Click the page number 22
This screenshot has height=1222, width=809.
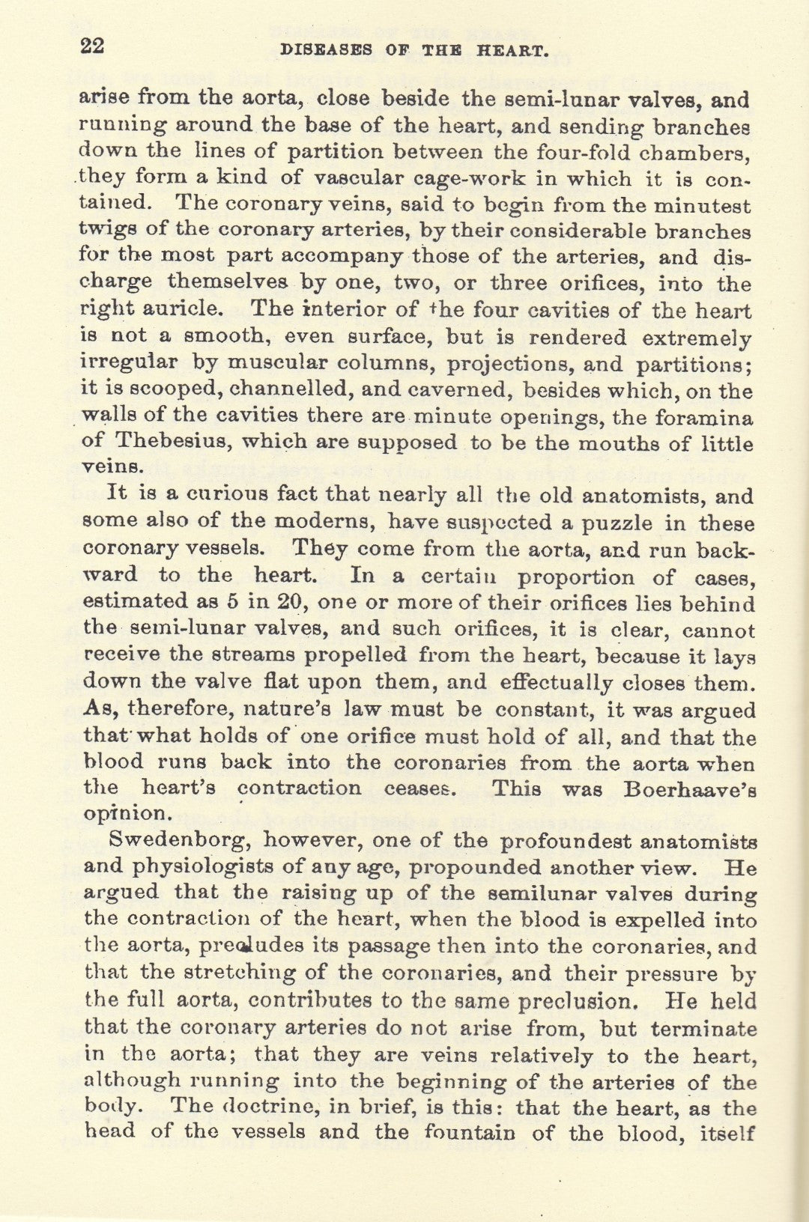92,46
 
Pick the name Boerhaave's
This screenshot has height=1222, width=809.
690,790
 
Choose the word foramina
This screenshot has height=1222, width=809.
705,416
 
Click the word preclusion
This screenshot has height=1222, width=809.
578,1000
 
